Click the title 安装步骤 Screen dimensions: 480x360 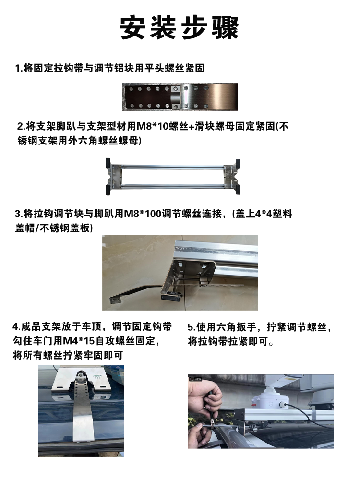click(x=180, y=28)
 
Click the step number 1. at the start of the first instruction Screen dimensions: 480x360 click(x=20, y=68)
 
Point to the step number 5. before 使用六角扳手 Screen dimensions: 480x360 click(x=191, y=328)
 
